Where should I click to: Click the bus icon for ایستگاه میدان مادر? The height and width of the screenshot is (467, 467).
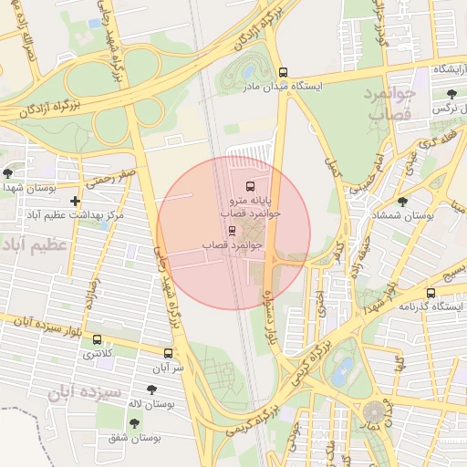[x=283, y=71]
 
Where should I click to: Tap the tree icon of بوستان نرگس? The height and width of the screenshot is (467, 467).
[x=451, y=93]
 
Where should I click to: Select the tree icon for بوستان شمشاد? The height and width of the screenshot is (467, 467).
[x=402, y=202]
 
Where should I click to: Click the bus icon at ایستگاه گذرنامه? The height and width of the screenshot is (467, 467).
[x=431, y=294]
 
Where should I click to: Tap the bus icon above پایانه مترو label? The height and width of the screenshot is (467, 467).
[x=251, y=186]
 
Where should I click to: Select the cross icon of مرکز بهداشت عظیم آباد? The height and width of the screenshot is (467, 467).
[x=75, y=201]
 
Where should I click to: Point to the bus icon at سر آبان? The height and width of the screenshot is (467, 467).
[x=168, y=353]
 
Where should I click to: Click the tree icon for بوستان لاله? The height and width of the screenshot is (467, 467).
[x=151, y=389]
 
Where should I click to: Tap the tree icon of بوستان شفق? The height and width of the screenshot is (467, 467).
[x=135, y=423]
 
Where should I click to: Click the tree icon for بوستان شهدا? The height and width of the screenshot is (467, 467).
[x=8, y=172]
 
